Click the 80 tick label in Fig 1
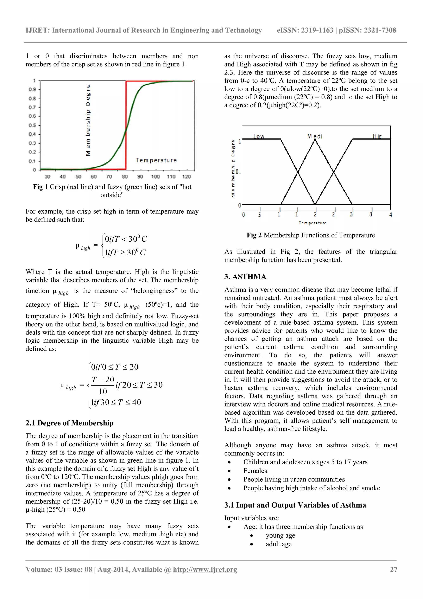[x=125, y=177]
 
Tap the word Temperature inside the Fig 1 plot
[x=156, y=160]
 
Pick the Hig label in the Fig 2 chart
[x=377, y=136]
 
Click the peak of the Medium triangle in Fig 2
[x=315, y=140]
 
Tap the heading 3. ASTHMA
[x=245, y=277]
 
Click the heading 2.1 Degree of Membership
[x=70, y=423]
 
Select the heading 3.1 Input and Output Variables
[x=295, y=505]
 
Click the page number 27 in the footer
[x=393, y=570]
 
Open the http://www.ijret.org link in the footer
[x=205, y=570]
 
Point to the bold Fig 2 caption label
[x=254, y=235]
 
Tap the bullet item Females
[x=255, y=471]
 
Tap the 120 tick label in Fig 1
[x=187, y=177]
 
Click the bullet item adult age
[x=278, y=544]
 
